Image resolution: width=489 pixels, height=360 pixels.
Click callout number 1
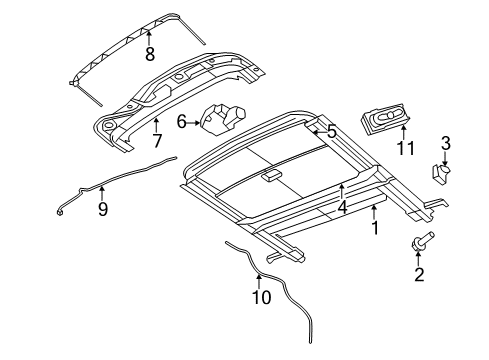(375, 228)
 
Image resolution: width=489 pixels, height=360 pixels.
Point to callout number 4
(342, 207)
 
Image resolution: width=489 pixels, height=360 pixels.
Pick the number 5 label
(332, 129)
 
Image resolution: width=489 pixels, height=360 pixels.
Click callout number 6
(181, 121)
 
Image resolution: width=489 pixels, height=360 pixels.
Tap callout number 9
(101, 210)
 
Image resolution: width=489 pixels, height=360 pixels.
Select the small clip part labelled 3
(441, 174)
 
